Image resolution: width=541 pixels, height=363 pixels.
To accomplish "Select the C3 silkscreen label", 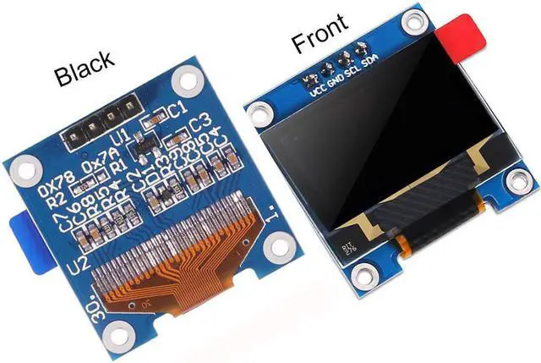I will pos(200,124).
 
